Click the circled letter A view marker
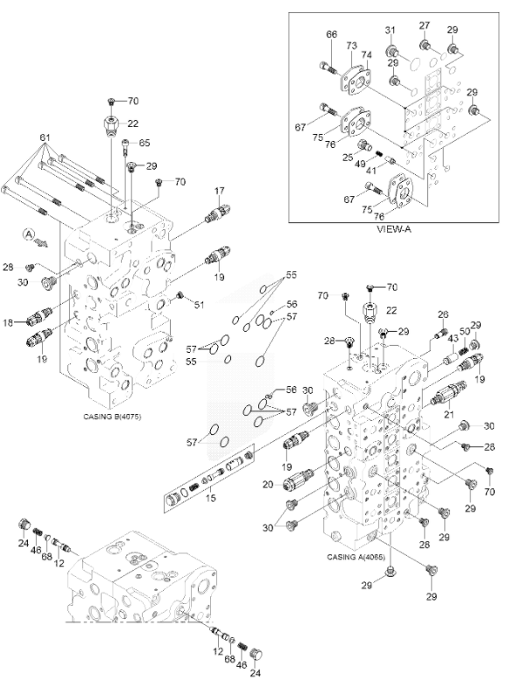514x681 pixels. click(x=29, y=235)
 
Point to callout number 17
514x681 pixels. click(x=220, y=192)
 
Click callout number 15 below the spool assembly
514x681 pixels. click(x=209, y=499)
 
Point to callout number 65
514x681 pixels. click(x=144, y=142)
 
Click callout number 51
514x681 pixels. click(x=200, y=305)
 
